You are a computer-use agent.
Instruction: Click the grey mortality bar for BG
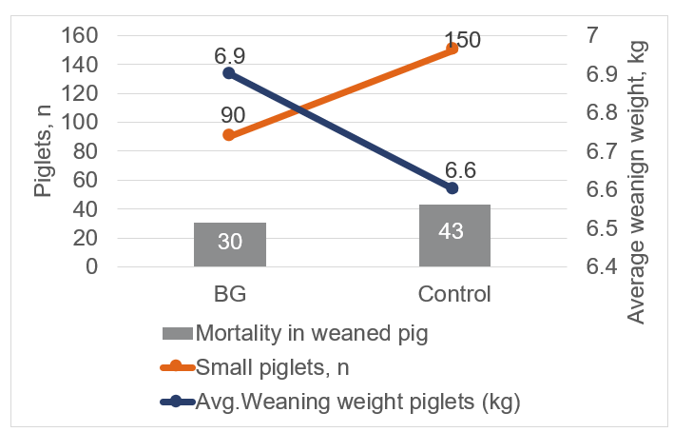tap(229, 245)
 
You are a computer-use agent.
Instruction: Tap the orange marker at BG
tap(229, 135)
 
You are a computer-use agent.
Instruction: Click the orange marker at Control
tap(453, 49)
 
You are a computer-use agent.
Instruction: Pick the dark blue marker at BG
tap(229, 72)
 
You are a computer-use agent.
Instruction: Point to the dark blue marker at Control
tap(453, 188)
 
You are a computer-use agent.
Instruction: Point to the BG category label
tap(229, 293)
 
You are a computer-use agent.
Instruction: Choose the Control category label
tap(454, 293)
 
